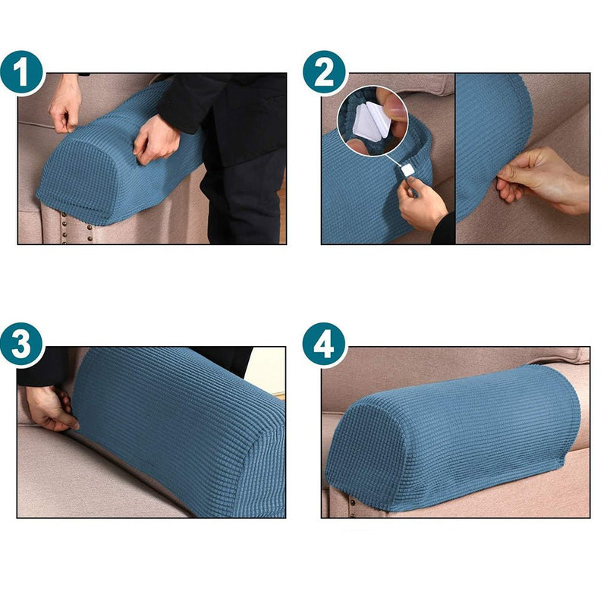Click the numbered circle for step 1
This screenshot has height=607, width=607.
pos(23,73)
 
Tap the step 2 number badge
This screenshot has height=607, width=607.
pos(325,73)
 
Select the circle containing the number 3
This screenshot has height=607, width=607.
pos(23,344)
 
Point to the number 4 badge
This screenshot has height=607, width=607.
pos(325,344)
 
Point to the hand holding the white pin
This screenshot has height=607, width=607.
pos(422,201)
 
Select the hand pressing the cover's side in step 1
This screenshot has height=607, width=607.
pos(156,137)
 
